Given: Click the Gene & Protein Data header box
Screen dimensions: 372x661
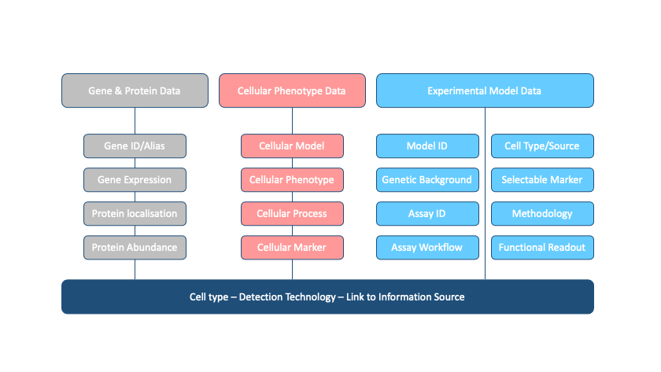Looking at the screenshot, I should (x=135, y=90).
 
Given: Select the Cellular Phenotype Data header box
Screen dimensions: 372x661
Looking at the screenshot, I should (x=292, y=90).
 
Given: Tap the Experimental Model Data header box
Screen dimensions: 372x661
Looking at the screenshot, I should (x=484, y=90).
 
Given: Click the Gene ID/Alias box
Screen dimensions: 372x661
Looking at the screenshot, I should (x=135, y=145).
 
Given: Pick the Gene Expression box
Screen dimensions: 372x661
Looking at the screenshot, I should (x=135, y=179).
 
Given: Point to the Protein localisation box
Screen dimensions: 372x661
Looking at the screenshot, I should (x=135, y=213).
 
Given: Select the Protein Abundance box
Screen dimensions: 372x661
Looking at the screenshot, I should (x=135, y=247).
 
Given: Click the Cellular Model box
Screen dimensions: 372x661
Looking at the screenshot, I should (x=292, y=145).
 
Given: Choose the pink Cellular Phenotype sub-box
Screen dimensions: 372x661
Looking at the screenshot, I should (x=292, y=179).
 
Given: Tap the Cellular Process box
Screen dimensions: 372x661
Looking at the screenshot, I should (x=292, y=213).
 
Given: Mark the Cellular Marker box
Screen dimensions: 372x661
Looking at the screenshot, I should (x=292, y=247).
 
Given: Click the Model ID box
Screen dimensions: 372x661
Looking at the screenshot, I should (x=427, y=145).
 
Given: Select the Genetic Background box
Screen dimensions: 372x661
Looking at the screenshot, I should (x=427, y=179).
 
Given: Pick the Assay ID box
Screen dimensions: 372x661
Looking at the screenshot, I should (x=427, y=213).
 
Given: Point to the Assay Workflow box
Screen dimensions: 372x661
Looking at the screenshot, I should (x=427, y=247).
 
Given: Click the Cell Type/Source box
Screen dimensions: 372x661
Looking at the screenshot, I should (x=542, y=145).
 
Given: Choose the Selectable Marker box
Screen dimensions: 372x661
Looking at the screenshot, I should (x=542, y=179).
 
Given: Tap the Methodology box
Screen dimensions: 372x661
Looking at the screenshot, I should (x=542, y=213).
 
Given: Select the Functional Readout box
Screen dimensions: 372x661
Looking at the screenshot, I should (x=542, y=247).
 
